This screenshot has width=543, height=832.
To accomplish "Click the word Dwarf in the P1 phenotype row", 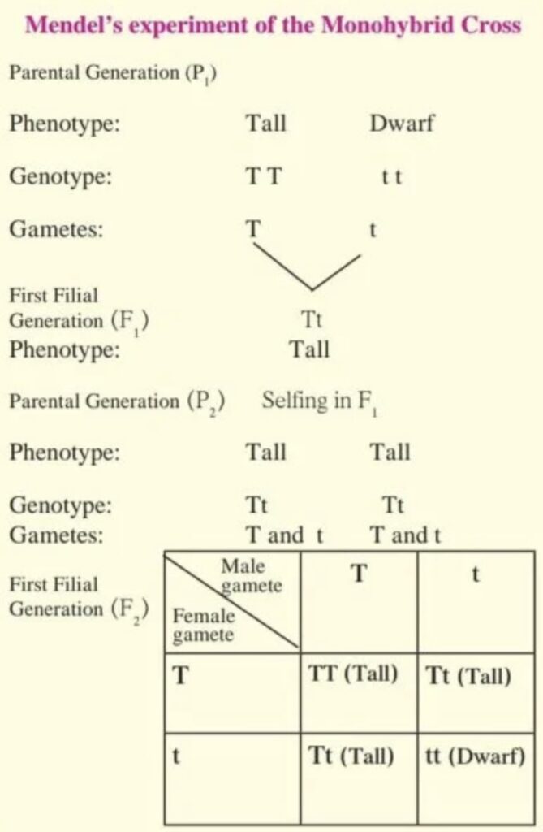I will coord(402,124).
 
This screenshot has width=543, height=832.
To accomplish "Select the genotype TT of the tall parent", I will coord(264,176).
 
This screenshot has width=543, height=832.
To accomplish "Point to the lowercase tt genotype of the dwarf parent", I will coord(391,177).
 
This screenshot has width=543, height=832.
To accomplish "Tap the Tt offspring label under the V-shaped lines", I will coord(312,320).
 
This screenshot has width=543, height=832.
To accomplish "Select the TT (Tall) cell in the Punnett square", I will coord(354,676).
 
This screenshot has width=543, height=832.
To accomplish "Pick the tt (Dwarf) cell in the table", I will coord(475,757).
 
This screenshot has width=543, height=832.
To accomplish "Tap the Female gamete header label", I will coord(203,626).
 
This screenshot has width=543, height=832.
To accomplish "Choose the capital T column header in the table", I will coord(359,574).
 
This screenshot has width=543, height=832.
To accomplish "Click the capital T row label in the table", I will coord(182,676).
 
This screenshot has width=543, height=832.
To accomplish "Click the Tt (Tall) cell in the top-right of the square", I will coord(468,677).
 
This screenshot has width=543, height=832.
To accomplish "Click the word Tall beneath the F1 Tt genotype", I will coord(310,350).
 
